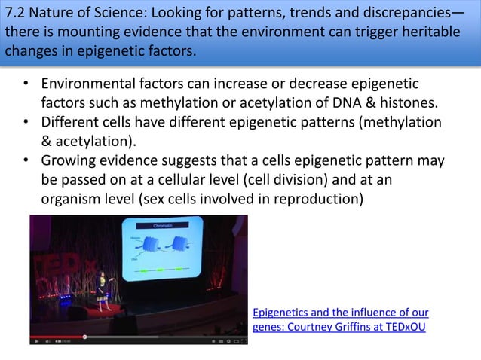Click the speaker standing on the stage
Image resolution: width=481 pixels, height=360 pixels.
pyautogui.click(x=112, y=285)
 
